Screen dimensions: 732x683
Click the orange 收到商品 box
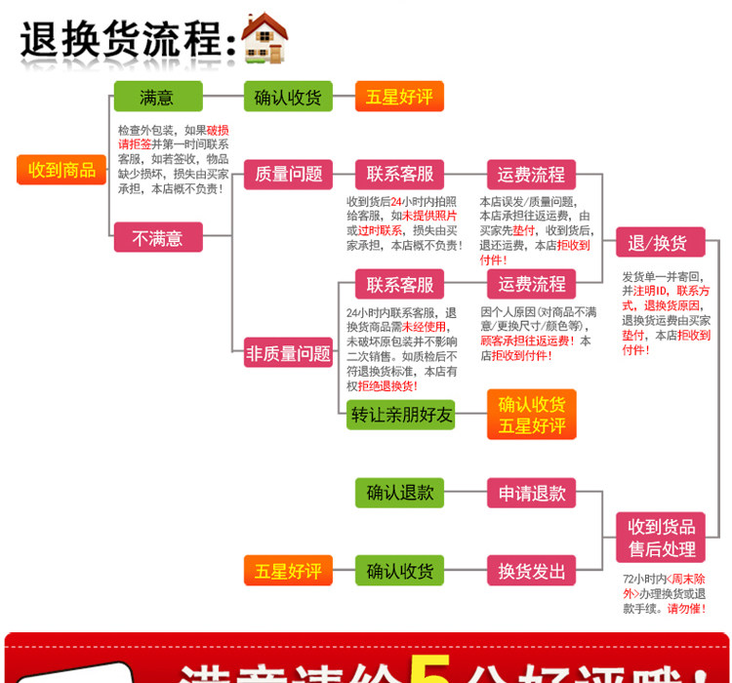[x=61, y=170]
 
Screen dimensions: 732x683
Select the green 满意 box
[x=157, y=97]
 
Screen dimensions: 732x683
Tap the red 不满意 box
[x=157, y=238]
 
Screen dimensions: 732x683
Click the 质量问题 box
[x=288, y=175]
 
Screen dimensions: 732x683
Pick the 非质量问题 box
[x=288, y=353]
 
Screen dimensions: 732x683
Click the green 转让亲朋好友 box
[x=401, y=415]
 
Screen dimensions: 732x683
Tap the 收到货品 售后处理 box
[x=661, y=537]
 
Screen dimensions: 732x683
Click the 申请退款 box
[x=532, y=493]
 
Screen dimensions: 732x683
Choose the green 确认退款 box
[x=400, y=493]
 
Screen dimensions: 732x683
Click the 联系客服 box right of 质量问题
[x=399, y=175]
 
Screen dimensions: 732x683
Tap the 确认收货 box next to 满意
[x=288, y=97]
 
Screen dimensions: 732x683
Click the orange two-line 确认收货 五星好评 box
[x=532, y=415]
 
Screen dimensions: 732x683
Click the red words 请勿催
[x=683, y=608]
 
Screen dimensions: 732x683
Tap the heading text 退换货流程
[x=122, y=42]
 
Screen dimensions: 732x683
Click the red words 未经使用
[x=424, y=327]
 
